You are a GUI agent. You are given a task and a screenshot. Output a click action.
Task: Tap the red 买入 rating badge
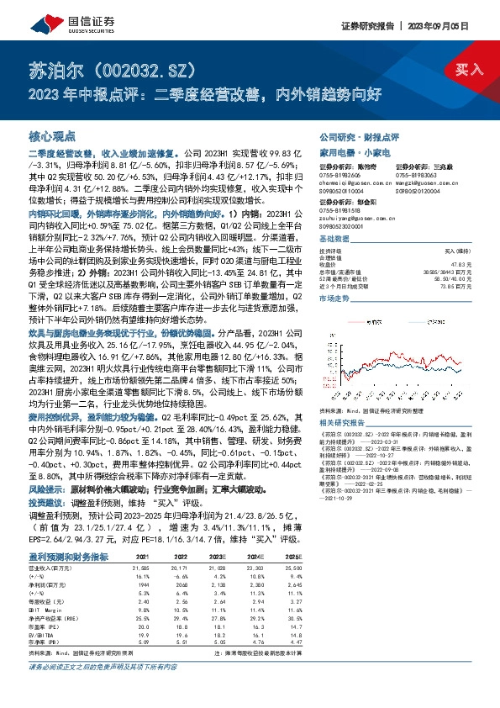tap(464, 69)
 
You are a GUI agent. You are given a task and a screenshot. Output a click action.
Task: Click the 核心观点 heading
tap(53, 135)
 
